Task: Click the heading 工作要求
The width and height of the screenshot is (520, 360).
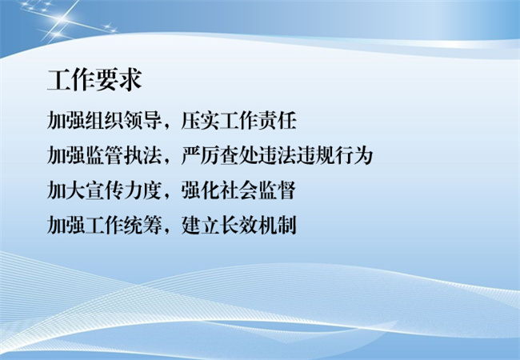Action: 95,80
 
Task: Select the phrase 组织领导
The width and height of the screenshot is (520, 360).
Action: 123,120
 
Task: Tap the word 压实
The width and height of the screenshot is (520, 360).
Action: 200,120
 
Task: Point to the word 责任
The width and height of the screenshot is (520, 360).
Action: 277,120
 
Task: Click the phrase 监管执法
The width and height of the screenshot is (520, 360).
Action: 123,155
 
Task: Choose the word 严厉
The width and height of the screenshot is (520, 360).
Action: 200,155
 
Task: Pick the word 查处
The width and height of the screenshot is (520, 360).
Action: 238,155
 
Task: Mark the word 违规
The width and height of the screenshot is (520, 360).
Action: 315,155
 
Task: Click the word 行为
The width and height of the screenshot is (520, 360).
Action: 354,155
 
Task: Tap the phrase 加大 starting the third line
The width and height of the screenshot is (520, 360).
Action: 66,190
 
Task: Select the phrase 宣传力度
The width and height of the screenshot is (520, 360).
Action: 123,190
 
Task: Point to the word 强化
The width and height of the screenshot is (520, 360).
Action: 200,190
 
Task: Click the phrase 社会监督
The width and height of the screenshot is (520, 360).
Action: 258,190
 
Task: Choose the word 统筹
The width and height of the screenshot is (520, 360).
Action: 142,226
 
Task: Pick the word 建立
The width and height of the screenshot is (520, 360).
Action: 200,226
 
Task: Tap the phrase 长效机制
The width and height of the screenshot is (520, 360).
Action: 258,226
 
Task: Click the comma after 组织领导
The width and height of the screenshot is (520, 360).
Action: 167,126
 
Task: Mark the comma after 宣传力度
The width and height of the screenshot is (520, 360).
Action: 167,197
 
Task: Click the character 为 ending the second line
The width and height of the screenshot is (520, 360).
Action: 363,155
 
